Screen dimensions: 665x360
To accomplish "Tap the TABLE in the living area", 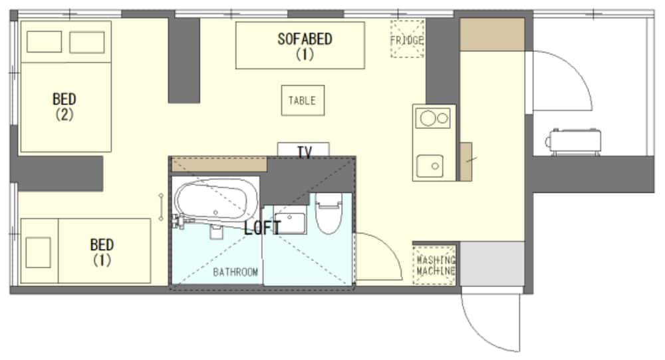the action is (x=303, y=100).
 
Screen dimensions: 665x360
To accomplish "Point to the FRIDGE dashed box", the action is (x=407, y=39).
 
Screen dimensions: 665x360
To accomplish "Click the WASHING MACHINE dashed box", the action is (x=434, y=265).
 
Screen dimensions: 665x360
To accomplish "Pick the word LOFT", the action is (x=262, y=228).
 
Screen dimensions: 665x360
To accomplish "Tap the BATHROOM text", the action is (x=235, y=272).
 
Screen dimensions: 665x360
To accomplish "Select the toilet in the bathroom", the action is (x=329, y=213).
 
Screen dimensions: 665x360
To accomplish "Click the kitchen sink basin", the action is (x=430, y=166).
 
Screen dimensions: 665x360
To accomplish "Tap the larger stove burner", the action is (x=428, y=118).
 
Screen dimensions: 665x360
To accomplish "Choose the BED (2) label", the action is (x=65, y=106).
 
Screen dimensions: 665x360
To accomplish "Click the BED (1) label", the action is (x=102, y=252).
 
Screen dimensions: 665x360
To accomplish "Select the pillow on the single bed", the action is (x=38, y=252).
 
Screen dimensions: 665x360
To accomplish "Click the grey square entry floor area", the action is (x=492, y=264).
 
